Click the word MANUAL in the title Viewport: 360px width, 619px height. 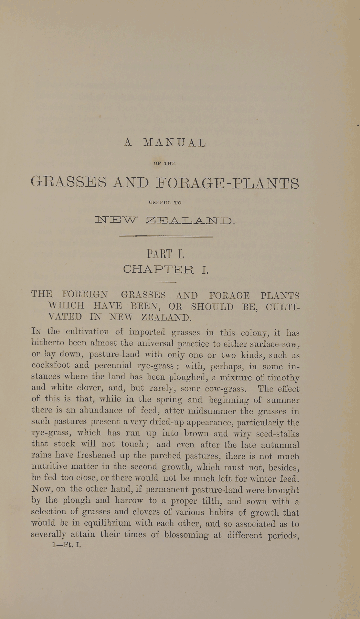(175, 143)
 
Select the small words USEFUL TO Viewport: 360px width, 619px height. (165, 203)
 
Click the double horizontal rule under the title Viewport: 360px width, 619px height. (166, 236)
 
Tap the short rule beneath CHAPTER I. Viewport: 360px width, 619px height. (165, 282)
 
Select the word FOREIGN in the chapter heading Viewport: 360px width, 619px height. (85, 295)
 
